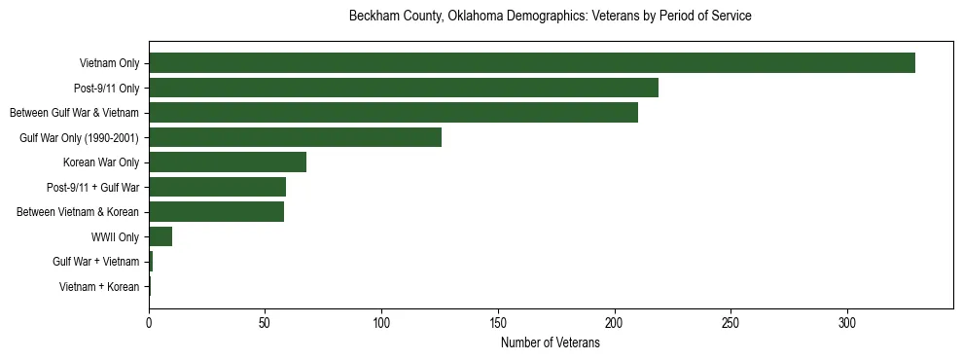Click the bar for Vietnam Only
click(x=531, y=63)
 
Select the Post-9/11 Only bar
click(x=404, y=88)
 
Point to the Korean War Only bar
click(x=228, y=162)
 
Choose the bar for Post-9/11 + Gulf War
click(x=217, y=187)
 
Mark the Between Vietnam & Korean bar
click(x=216, y=212)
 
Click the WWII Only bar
click(x=160, y=236)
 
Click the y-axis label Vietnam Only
click(x=109, y=64)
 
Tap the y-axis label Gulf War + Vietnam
click(x=96, y=262)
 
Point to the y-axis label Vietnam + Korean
click(x=99, y=287)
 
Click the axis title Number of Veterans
click(x=550, y=343)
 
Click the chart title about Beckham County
click(x=550, y=17)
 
